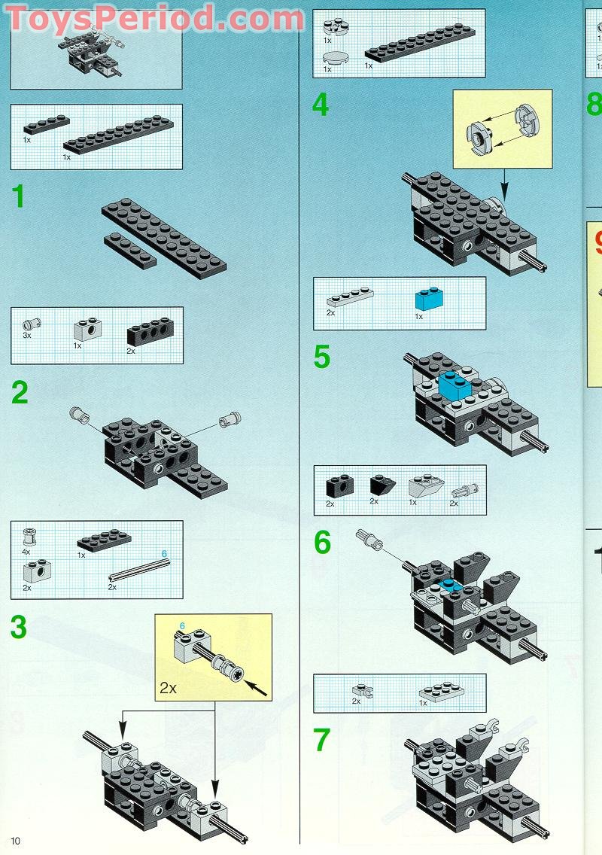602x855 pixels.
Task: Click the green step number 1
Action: point(18,196)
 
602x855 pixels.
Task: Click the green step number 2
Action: point(20,393)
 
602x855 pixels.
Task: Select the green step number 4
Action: point(321,105)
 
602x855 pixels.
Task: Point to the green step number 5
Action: point(322,358)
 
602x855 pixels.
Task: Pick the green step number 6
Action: point(322,542)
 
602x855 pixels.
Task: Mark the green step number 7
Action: point(322,741)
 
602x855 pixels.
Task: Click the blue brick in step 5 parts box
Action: point(429,300)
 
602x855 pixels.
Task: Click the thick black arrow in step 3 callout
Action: point(257,687)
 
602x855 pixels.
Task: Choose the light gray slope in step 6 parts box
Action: point(426,483)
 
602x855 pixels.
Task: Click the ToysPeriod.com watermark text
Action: point(154,18)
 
